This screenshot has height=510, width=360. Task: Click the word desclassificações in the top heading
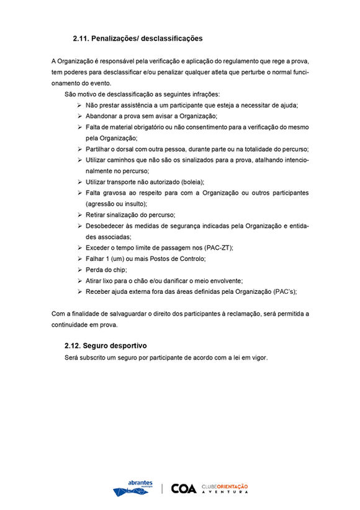tap(172, 39)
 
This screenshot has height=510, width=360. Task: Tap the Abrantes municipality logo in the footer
tap(132, 488)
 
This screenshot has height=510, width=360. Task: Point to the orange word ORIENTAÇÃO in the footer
tap(233, 486)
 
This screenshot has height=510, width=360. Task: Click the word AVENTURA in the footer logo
tap(225, 492)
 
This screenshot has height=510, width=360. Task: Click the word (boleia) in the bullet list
tap(189, 182)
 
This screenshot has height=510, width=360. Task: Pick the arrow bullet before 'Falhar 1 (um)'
tap(79, 258)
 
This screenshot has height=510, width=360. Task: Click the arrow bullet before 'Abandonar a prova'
tap(79, 116)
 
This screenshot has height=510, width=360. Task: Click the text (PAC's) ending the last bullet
tap(285, 291)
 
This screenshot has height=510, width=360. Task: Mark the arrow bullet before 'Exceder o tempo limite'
tap(79, 247)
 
